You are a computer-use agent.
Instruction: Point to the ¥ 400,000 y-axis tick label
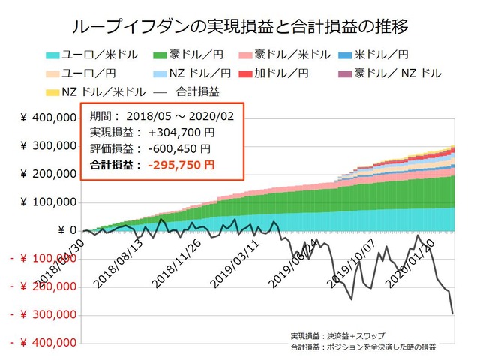pyautogui.click(x=46, y=118)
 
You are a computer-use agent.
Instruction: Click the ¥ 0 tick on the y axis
pyautogui.click(x=66, y=230)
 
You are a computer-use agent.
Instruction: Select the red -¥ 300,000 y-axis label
pyautogui.click(x=43, y=314)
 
